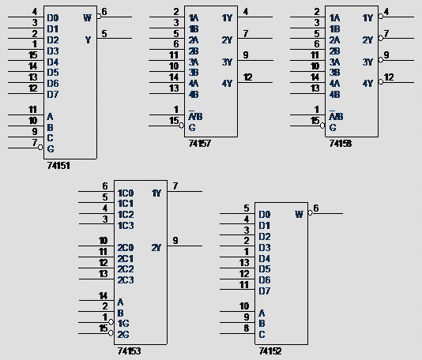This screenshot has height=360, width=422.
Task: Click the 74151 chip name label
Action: click(x=58, y=165)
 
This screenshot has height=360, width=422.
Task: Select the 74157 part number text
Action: click(x=199, y=144)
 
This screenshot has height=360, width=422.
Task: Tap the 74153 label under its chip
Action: click(x=129, y=351)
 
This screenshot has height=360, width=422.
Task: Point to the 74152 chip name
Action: click(x=270, y=351)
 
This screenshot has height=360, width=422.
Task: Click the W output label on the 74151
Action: click(x=88, y=17)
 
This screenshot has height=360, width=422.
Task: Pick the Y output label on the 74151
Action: click(x=88, y=39)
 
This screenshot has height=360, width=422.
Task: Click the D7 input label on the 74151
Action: click(x=53, y=95)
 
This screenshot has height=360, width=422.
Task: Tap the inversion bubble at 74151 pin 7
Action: click(x=40, y=148)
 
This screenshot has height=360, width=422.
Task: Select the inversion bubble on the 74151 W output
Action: click(x=99, y=17)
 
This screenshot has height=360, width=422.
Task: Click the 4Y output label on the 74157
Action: click(x=227, y=84)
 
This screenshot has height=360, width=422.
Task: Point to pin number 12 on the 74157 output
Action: click(x=248, y=77)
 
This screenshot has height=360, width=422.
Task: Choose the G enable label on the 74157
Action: click(x=192, y=127)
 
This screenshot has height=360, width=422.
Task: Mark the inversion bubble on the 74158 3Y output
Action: click(x=380, y=60)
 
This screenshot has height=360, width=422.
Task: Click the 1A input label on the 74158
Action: click(x=334, y=18)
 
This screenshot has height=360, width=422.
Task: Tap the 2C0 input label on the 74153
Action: click(x=126, y=248)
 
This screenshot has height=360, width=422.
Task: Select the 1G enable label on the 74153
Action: click(x=123, y=324)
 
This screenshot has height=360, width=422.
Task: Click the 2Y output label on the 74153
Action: click(x=156, y=247)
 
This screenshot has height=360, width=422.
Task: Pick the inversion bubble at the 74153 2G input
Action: click(x=111, y=333)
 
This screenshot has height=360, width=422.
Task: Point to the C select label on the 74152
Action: click(x=262, y=335)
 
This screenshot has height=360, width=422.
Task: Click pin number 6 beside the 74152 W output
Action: click(x=316, y=208)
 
